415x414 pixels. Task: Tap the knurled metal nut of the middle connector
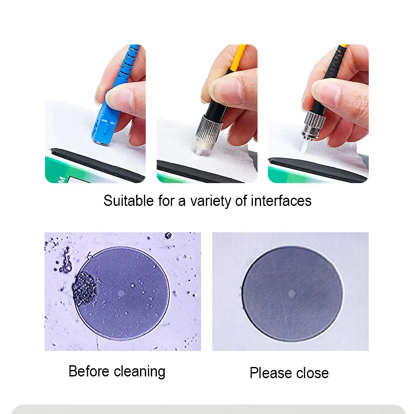click(209, 128)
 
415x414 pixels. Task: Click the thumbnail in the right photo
click(327, 93)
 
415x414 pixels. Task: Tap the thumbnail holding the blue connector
click(121, 100)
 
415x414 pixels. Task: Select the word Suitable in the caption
click(128, 201)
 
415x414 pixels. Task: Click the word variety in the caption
click(211, 201)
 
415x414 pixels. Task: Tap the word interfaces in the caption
click(281, 201)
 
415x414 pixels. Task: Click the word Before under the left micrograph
click(89, 371)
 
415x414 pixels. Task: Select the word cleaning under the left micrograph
click(140, 372)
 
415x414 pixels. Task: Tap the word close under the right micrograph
click(313, 373)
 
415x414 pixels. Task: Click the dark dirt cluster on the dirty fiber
click(85, 289)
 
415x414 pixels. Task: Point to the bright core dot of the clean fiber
click(292, 293)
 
